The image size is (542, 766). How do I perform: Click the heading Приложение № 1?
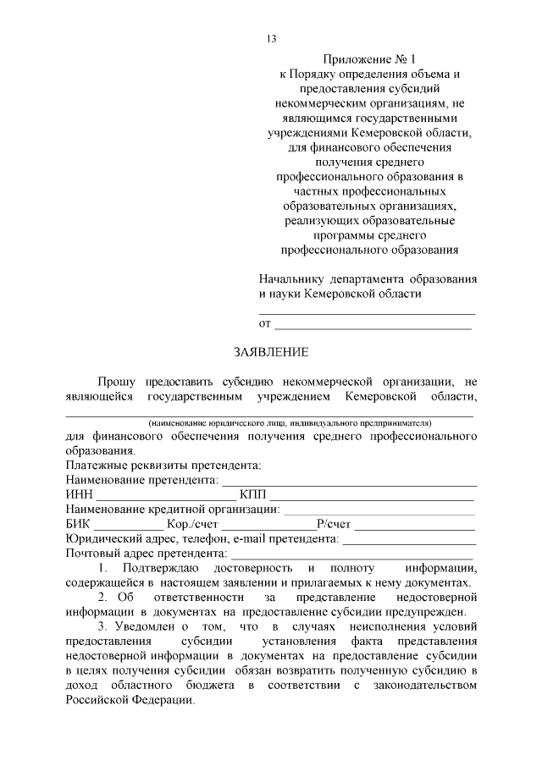click(369, 59)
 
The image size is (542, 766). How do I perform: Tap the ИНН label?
click(79, 494)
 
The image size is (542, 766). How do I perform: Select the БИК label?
click(77, 524)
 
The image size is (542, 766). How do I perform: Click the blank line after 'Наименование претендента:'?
click(348, 482)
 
